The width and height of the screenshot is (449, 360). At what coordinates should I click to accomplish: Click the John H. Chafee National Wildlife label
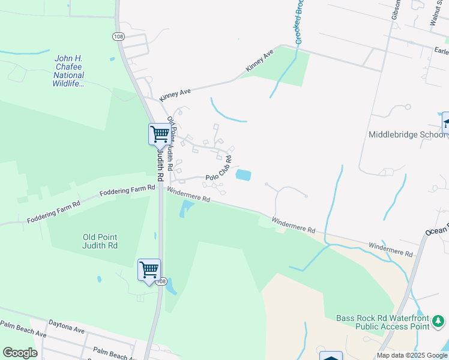tap(69, 71)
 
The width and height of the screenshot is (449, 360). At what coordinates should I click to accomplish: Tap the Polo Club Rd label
tap(218, 169)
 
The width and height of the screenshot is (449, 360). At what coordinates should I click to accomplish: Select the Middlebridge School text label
tap(407, 135)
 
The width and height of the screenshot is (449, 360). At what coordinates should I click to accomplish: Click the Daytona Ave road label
tap(67, 328)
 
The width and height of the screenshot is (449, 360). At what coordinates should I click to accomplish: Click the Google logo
tap(20, 353)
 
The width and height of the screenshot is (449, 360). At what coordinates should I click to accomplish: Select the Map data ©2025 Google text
tap(411, 355)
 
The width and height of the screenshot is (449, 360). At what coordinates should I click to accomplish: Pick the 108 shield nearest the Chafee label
tap(118, 37)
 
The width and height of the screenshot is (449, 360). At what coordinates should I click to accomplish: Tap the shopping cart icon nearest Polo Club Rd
tap(160, 134)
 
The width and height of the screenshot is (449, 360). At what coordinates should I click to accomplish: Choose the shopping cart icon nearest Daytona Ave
tap(149, 269)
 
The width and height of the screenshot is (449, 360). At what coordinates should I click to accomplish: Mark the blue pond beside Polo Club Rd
tap(243, 175)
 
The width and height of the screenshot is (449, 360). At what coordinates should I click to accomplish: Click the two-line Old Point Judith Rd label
tap(100, 241)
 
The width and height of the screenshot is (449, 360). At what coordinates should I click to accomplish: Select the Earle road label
tap(441, 52)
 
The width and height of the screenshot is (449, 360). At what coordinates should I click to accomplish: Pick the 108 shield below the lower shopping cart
tap(161, 281)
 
